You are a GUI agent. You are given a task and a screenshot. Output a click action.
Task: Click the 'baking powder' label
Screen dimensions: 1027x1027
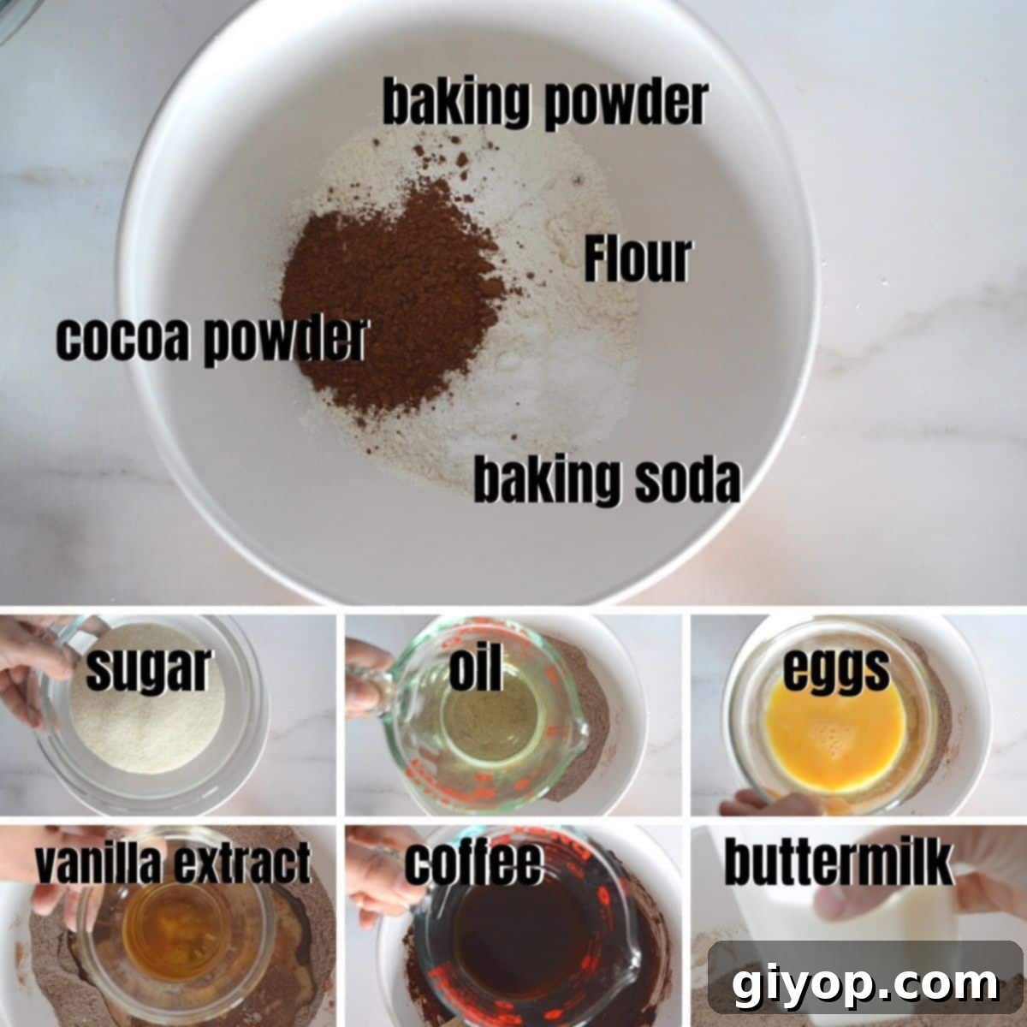tap(544, 103)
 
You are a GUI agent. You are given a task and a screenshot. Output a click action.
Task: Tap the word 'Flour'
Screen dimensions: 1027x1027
tap(638, 260)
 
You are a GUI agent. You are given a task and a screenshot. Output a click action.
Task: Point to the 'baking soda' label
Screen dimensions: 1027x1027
tap(607, 481)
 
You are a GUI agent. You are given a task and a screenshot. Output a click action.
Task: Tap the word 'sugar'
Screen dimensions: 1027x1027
tap(147, 669)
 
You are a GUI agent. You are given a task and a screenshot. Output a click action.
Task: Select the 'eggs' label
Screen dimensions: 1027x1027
tap(836, 670)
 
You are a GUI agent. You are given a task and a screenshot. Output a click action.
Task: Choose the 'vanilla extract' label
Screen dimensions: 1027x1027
tap(172, 862)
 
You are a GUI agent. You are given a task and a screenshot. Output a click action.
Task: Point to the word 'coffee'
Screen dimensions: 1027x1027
tap(473, 863)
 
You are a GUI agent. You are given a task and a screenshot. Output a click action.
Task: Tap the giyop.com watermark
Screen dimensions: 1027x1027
tap(864, 985)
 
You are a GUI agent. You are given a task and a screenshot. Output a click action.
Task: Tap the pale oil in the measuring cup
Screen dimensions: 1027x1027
tap(479, 727)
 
